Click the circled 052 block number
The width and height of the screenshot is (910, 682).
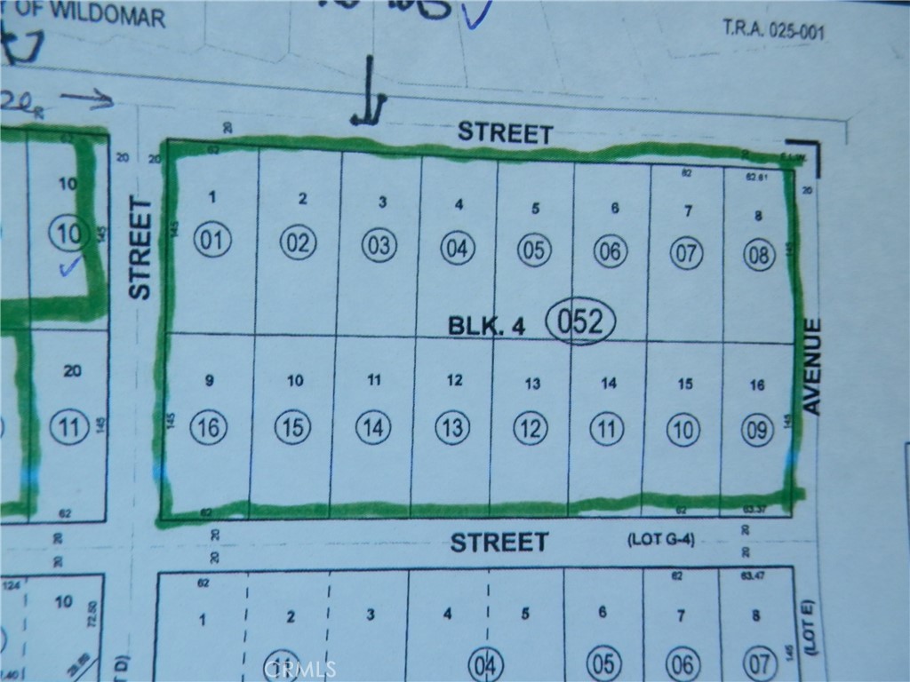pos(580,321)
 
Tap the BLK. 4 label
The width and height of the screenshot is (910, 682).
pos(486,326)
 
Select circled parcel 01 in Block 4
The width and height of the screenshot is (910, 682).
pos(213,241)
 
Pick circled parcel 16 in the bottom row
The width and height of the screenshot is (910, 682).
pos(210,427)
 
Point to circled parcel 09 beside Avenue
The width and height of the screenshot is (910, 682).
pos(757,432)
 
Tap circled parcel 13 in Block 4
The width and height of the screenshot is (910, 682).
pos(452,428)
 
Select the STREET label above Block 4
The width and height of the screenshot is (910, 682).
pos(505,134)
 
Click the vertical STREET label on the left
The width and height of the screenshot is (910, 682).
pos(140,249)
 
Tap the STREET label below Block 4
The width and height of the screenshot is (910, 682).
pos(499,542)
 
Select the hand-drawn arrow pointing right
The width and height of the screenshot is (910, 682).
pos(88,99)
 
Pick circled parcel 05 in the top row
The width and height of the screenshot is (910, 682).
pos(533,250)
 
